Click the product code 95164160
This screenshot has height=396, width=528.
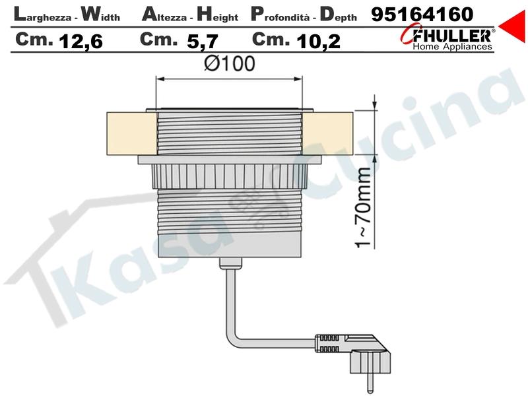(422, 15)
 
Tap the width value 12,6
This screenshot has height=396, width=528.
(81, 42)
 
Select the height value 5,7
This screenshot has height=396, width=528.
(203, 42)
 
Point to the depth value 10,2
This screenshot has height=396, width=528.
(318, 42)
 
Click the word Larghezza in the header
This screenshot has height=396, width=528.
(43, 15)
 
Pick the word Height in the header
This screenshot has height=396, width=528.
(218, 15)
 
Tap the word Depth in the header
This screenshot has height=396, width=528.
(338, 15)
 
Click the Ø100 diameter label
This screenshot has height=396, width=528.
(230, 63)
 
